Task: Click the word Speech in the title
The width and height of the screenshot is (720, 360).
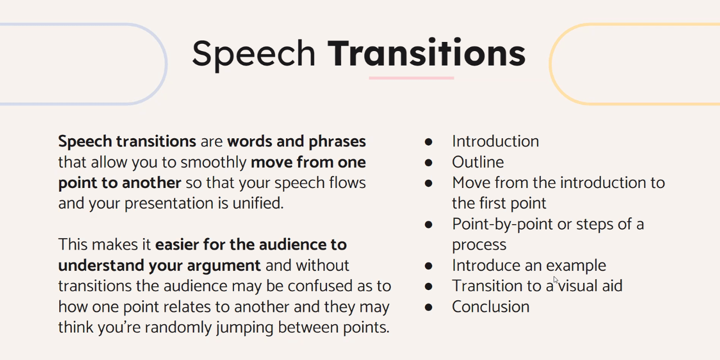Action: click(x=254, y=54)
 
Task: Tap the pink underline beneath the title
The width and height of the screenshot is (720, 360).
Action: click(x=411, y=78)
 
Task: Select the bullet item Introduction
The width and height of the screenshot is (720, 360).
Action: click(x=495, y=141)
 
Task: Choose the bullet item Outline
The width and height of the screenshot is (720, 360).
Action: click(x=477, y=162)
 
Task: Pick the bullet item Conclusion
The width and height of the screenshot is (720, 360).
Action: click(x=490, y=307)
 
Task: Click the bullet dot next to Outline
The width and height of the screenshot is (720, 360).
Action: click(x=428, y=163)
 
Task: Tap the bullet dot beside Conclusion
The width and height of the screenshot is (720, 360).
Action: click(x=428, y=307)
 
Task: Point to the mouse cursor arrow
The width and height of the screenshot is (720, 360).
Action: click(x=556, y=280)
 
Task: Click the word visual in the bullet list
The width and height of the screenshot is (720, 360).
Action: click(x=578, y=286)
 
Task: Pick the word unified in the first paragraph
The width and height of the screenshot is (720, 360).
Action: click(x=258, y=203)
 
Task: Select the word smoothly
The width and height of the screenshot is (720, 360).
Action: click(x=214, y=162)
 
